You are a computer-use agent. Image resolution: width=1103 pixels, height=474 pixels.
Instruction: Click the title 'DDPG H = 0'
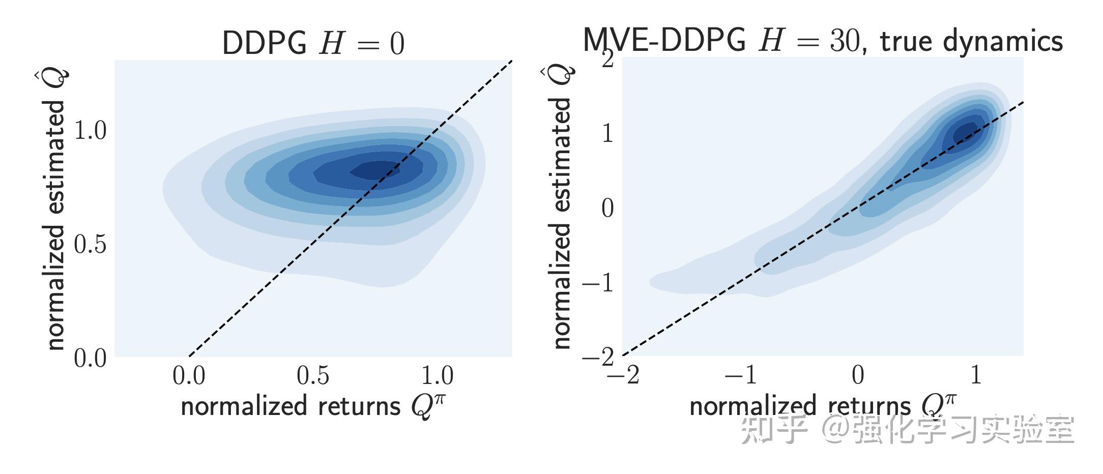coord(313,43)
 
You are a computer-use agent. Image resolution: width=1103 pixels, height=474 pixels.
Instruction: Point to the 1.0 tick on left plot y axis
coord(91,131)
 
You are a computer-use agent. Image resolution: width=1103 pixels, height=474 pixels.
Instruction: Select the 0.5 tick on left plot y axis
coord(91,245)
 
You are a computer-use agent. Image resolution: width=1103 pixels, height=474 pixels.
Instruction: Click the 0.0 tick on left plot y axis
coord(91,359)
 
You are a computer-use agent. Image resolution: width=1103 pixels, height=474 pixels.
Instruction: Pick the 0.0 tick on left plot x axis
coord(189,376)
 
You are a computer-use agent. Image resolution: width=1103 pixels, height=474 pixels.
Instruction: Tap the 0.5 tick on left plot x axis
coord(313,376)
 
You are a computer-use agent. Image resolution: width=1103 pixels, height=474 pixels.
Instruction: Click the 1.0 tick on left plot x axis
coord(437,376)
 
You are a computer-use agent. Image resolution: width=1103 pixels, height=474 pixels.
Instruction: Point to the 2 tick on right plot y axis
coord(608,60)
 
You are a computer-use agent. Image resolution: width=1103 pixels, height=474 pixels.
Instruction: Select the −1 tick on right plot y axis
coord(598,283)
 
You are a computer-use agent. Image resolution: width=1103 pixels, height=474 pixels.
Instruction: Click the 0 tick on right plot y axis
coord(607,208)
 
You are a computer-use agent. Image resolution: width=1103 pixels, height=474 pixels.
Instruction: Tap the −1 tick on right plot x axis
coord(740,376)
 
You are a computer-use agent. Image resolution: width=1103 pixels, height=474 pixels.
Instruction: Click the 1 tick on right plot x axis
coord(975,376)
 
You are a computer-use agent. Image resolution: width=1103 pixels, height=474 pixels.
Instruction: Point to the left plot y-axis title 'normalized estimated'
coord(56,224)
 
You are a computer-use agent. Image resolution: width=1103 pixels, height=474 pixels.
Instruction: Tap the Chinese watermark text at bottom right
coord(908,430)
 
